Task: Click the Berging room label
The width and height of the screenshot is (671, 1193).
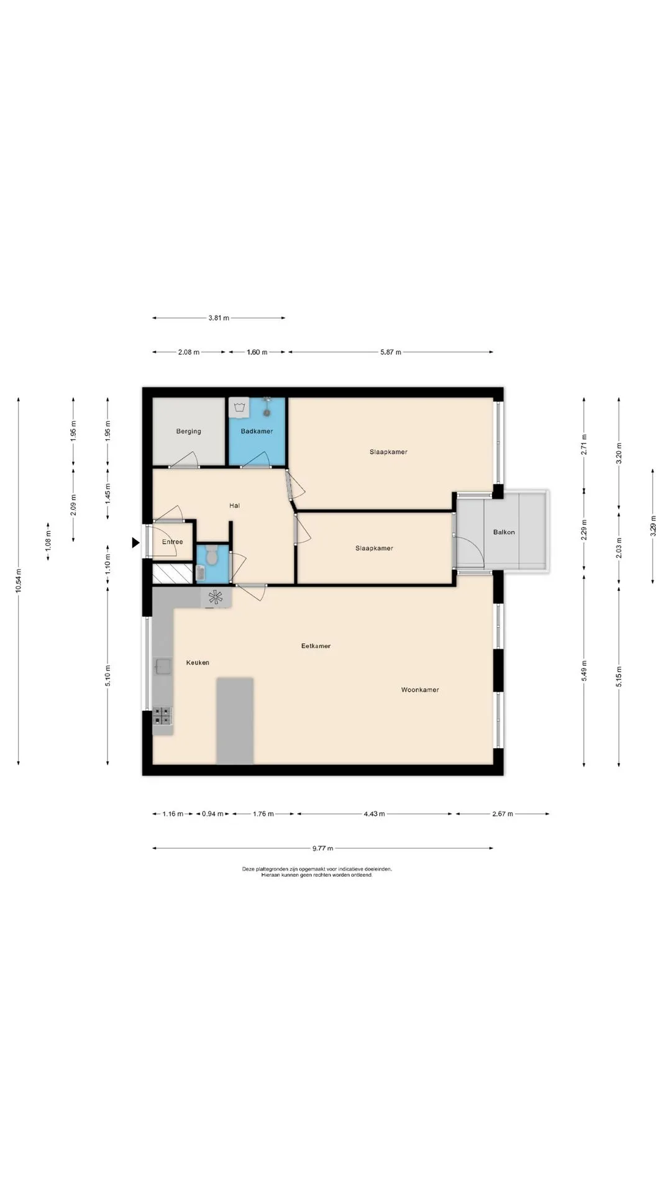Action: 188,431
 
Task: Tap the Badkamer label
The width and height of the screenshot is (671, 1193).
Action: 257,431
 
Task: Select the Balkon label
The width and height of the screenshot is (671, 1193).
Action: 504,532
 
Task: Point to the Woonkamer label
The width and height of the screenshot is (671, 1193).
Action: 420,690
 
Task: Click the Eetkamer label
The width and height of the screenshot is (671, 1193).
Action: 316,646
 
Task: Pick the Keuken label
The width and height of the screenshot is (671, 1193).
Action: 198,662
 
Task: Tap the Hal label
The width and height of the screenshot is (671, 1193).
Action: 234,506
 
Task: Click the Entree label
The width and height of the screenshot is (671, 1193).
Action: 172,542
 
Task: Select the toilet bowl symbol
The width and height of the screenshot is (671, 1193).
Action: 212,556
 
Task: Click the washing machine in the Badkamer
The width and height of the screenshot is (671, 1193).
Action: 239,408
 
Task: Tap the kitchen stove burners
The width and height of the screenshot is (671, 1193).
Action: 163,716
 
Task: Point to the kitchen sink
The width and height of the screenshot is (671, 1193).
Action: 163,667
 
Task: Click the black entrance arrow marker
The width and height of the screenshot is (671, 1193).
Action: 135,543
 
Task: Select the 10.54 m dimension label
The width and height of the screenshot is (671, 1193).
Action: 19,581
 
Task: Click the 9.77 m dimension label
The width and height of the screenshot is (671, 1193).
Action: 322,848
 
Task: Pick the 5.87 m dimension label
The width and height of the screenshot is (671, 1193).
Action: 391,352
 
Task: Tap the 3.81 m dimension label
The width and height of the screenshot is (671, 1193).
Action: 219,318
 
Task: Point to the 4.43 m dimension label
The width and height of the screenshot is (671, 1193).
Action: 374,814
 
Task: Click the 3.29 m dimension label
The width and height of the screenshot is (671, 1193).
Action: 652,526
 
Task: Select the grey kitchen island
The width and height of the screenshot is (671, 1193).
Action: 235,721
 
